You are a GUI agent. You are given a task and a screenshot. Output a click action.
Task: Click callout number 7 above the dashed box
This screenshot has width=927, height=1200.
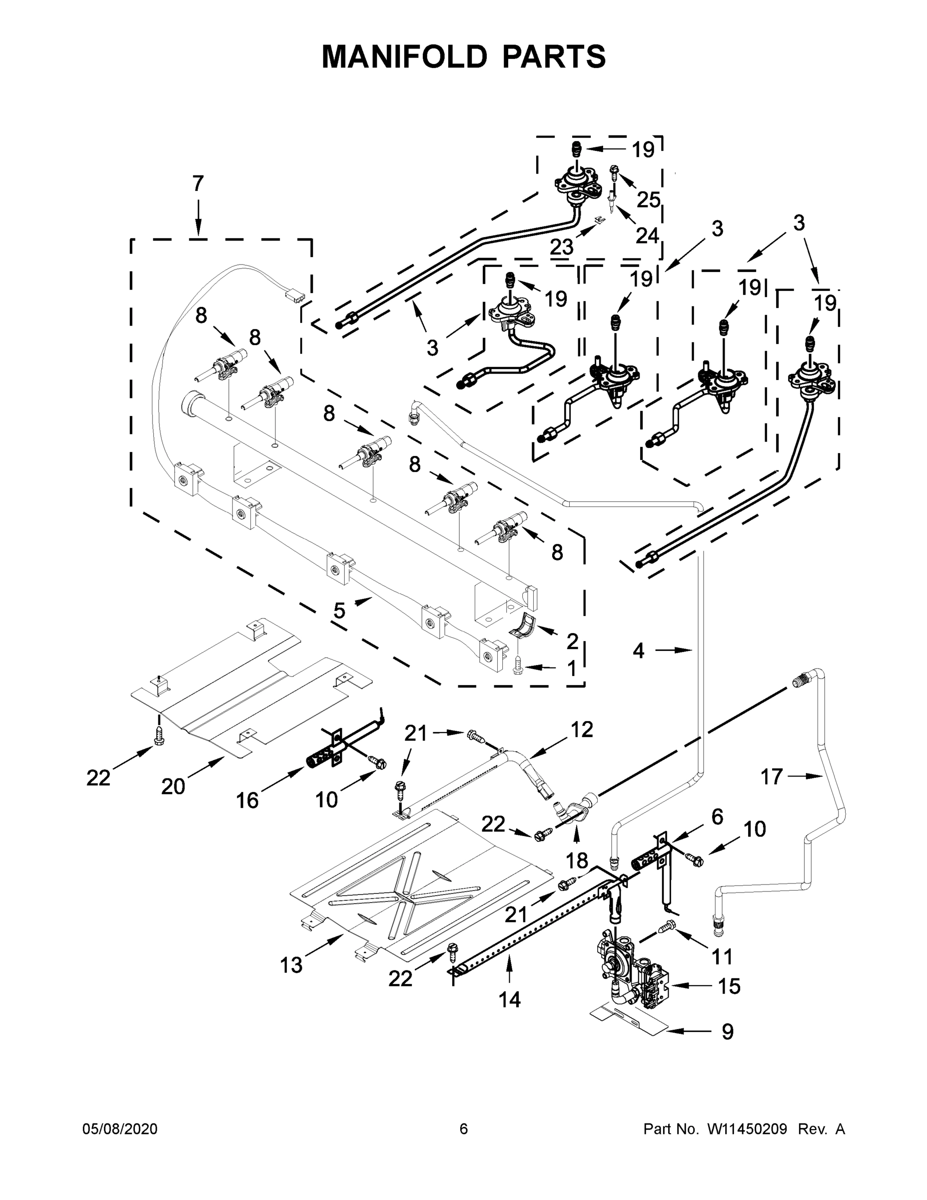(198, 183)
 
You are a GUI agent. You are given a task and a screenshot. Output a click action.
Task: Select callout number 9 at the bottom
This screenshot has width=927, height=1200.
(727, 1032)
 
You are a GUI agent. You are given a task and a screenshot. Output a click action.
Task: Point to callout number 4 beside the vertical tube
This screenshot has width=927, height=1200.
(638, 650)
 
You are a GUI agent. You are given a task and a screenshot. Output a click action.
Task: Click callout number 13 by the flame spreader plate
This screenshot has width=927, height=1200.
(291, 965)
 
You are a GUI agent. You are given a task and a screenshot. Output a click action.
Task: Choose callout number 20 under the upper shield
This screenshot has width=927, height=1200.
(173, 787)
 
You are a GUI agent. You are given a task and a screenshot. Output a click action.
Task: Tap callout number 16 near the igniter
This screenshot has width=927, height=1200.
(247, 800)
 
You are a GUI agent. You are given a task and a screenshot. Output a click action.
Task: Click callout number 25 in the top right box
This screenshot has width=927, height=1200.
(648, 200)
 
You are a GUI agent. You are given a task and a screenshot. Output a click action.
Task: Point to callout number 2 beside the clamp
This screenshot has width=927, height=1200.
(572, 640)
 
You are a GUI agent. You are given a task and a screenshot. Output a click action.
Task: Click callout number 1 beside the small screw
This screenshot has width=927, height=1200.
(571, 669)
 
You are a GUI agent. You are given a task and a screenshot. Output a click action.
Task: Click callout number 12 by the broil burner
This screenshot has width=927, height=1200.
(582, 729)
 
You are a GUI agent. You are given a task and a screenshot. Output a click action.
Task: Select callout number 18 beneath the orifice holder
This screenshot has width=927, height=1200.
(577, 860)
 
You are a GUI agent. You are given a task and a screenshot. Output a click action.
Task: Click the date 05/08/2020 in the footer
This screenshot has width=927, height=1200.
(120, 1129)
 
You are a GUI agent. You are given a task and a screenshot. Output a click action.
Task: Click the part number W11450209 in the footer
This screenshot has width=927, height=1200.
(747, 1129)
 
